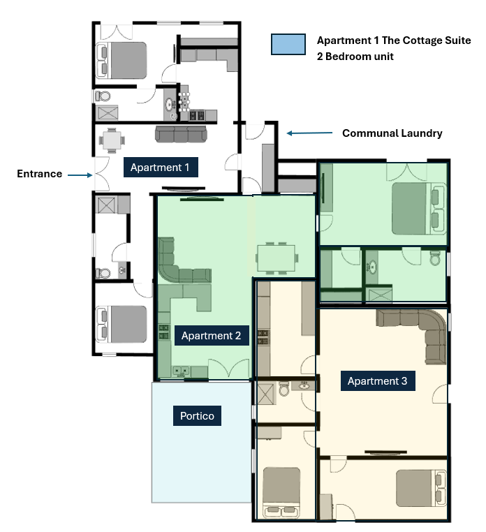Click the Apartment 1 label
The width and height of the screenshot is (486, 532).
(160, 168)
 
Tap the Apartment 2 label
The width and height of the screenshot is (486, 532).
(211, 336)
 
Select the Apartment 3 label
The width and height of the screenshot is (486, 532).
(377, 381)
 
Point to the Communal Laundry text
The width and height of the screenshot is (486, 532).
(392, 133)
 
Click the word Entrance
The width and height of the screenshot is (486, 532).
(40, 174)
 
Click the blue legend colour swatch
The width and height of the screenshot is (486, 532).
(288, 45)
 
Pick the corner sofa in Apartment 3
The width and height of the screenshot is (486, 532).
(419, 332)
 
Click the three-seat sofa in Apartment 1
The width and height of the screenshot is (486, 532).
(181, 134)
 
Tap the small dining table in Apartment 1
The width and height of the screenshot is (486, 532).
(112, 140)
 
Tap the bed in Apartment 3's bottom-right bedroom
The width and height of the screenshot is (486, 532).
(420, 489)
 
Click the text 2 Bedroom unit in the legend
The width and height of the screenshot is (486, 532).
(355, 56)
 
